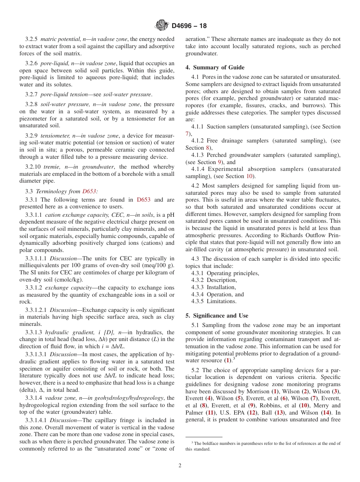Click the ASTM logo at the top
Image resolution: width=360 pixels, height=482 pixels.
click(x=162, y=26)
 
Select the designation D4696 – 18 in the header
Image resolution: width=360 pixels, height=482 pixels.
click(x=189, y=26)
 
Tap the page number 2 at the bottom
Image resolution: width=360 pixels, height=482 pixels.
click(x=180, y=466)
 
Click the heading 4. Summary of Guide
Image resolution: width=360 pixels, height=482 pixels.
click(x=215, y=67)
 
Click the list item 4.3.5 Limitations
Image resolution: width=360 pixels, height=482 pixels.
click(x=214, y=301)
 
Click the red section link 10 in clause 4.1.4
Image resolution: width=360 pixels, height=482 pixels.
click(x=249, y=176)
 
